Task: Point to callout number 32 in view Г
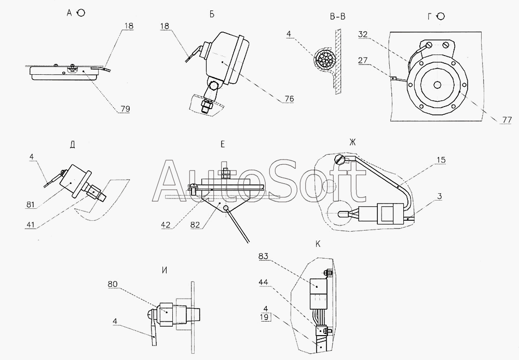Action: [x=362, y=35]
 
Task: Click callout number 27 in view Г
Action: [x=363, y=61]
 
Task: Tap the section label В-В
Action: [x=337, y=16]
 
